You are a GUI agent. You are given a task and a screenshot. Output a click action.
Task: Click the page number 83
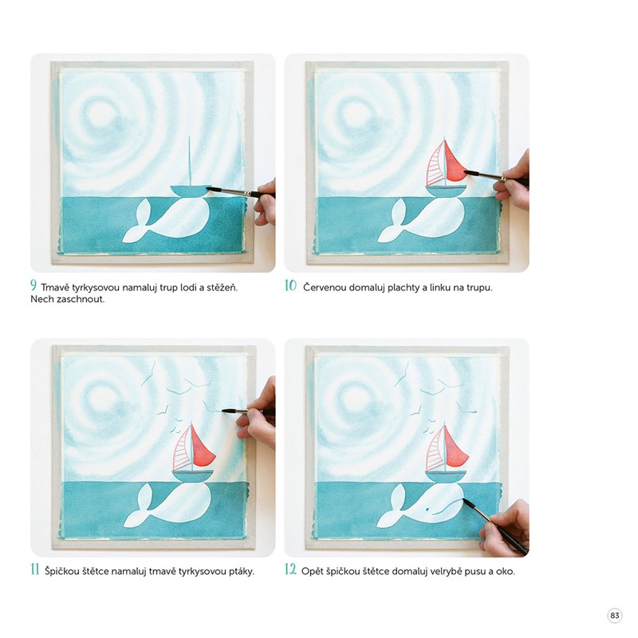click(614, 615)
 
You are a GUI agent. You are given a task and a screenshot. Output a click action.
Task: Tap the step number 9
click(33, 286)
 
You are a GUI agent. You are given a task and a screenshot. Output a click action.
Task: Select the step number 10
click(290, 286)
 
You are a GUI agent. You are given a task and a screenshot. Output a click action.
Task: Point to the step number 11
click(35, 569)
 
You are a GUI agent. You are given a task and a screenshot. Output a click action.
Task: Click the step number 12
click(290, 569)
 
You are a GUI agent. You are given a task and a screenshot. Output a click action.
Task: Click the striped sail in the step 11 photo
click(183, 448)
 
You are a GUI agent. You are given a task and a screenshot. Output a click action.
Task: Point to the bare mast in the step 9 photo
click(189, 161)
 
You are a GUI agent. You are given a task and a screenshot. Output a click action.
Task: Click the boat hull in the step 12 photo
click(446, 475)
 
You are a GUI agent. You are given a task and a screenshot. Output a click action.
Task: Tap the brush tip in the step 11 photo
click(225, 411)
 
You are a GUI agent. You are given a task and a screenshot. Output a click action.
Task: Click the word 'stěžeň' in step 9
click(223, 288)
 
